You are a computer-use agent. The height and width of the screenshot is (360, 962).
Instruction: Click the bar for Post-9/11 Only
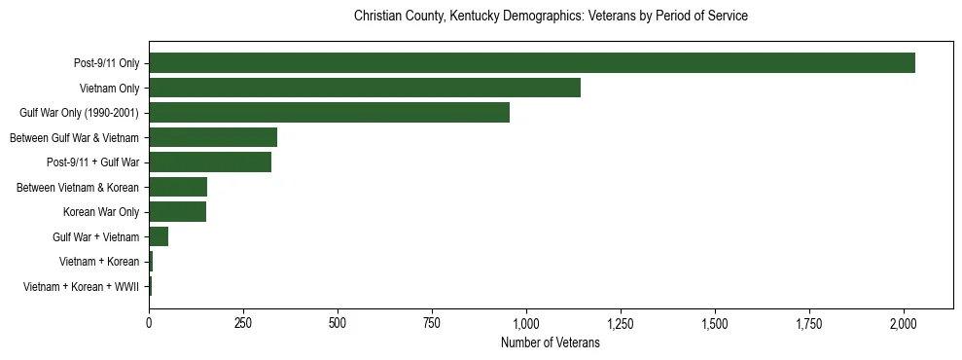531,63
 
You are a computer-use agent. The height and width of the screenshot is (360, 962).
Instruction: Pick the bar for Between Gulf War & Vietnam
213,137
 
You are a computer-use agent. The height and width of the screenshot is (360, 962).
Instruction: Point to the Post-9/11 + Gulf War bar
210,162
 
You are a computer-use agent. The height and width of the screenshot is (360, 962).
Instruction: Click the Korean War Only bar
177,212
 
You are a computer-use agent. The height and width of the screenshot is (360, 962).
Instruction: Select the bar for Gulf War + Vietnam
159,236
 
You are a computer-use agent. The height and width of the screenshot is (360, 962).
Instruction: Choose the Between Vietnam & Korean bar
178,187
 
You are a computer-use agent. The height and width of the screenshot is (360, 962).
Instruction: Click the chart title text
551,17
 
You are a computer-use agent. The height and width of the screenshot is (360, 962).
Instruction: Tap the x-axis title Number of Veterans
551,343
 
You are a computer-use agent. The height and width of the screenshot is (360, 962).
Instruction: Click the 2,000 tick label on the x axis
904,322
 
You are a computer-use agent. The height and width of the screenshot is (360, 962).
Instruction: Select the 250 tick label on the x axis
243,322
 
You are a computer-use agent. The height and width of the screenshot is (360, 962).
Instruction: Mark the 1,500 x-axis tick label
715,322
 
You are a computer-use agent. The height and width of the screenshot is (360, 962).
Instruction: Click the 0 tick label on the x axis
149,322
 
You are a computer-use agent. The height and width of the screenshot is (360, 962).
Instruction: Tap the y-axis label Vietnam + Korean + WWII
81,287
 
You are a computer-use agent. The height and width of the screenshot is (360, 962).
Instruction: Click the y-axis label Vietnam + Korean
99,262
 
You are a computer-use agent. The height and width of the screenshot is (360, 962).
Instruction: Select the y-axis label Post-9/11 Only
106,63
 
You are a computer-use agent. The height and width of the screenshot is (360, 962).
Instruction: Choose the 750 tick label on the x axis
432,322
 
